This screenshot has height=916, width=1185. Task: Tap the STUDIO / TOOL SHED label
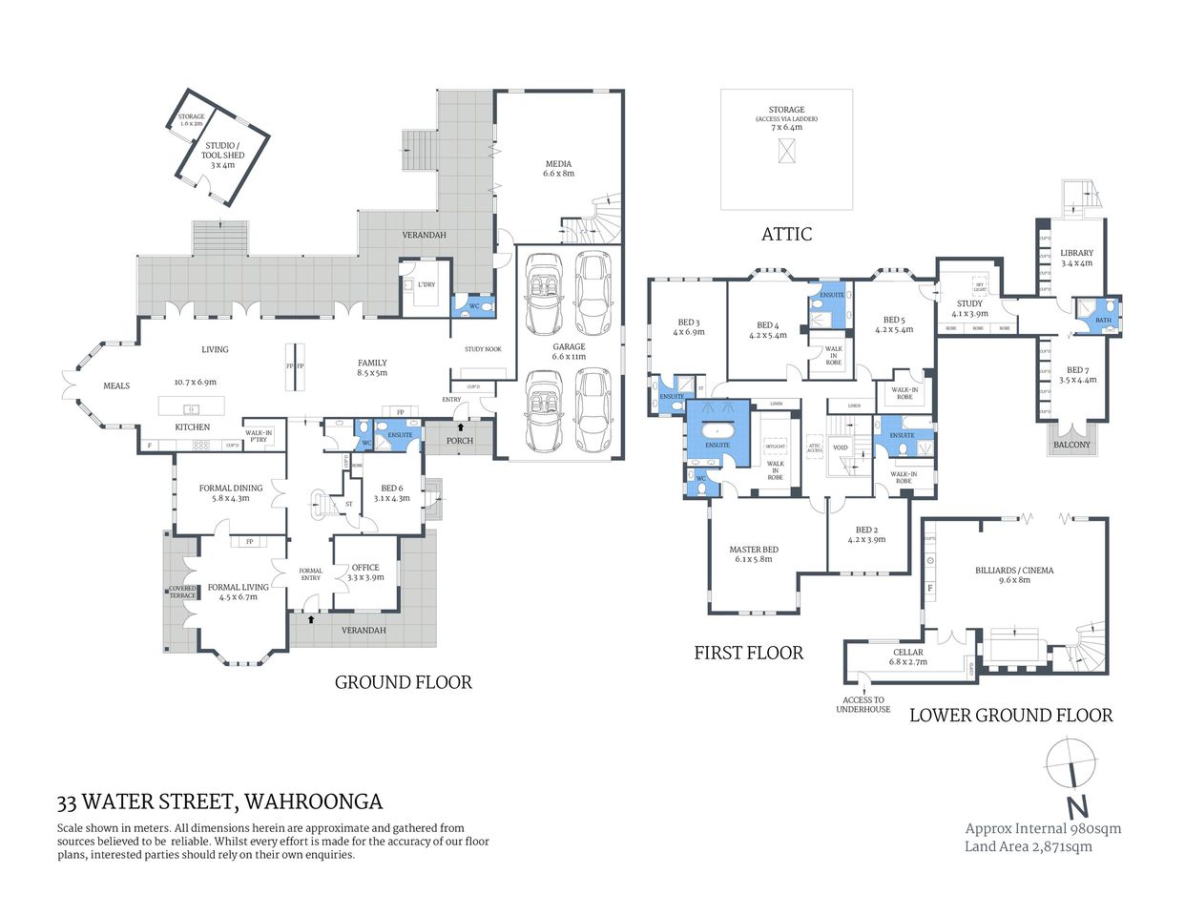[222, 155]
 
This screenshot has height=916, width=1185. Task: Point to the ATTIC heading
[786, 234]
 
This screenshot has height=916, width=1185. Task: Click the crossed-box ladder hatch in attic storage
[786, 151]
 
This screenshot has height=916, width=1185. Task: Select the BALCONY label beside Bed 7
[1071, 445]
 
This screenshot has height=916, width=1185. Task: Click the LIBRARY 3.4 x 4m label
[1076, 258]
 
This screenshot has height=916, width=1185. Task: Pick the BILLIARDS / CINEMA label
[1013, 574]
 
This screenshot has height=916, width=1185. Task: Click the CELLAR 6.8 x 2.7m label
[907, 656]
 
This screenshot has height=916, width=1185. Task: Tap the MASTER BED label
[753, 553]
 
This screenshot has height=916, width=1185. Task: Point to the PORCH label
[460, 440]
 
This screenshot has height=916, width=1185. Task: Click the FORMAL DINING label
[223, 492]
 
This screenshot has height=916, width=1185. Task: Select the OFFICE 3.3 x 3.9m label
[365, 572]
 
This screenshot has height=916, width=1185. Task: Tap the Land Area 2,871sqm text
[1028, 846]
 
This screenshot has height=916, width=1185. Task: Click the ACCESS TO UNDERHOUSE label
[863, 704]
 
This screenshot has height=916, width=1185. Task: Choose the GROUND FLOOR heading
[403, 682]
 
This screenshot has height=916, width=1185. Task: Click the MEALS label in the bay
[116, 385]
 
